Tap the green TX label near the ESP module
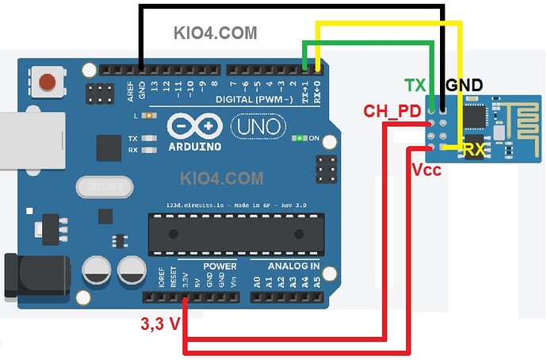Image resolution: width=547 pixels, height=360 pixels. pyautogui.click(x=415, y=86)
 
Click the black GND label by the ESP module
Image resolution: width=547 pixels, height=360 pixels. pyautogui.click(x=465, y=86)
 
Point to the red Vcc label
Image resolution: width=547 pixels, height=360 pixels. pyautogui.click(x=426, y=169)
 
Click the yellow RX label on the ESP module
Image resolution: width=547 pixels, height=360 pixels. pyautogui.click(x=474, y=148)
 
